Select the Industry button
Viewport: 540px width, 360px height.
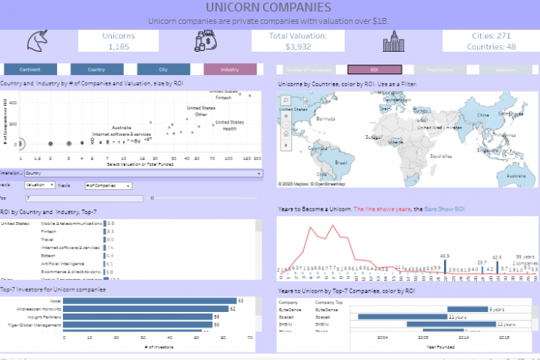pyautogui.click(x=230, y=69)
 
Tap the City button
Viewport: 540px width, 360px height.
pyautogui.click(x=163, y=69)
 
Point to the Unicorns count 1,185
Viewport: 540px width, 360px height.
pyautogui.click(x=119, y=46)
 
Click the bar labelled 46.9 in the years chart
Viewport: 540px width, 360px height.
pyautogui.click(x=445, y=267)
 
